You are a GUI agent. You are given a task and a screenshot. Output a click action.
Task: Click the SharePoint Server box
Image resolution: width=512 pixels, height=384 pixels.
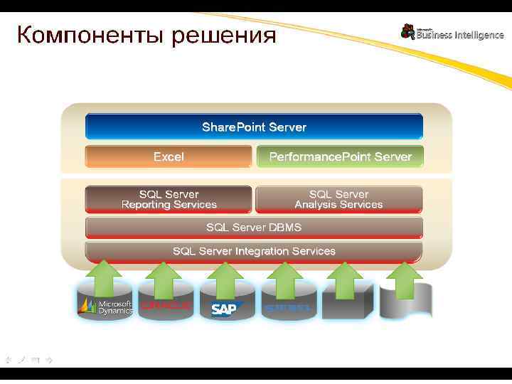254,127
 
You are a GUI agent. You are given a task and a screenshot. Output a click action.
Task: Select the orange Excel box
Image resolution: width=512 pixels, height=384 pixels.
169,156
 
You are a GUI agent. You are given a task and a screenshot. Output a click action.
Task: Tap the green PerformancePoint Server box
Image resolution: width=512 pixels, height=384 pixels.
340,156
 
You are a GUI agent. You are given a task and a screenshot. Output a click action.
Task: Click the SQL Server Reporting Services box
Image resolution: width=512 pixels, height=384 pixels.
169,199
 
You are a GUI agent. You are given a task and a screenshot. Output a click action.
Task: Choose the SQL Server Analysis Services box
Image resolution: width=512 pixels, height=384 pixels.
338,199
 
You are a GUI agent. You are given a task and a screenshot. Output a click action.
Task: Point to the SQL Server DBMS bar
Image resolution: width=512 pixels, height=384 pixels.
254,228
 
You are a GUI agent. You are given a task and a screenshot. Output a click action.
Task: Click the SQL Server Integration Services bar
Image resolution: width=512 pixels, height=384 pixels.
254,251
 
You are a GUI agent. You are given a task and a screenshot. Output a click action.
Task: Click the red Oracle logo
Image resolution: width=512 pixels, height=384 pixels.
166,306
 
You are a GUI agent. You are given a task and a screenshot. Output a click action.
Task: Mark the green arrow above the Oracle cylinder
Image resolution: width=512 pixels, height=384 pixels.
166,279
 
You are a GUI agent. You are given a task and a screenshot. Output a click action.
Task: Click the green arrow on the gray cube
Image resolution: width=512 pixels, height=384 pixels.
346,279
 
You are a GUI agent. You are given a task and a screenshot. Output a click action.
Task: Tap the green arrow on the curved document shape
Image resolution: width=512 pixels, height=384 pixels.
406,279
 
